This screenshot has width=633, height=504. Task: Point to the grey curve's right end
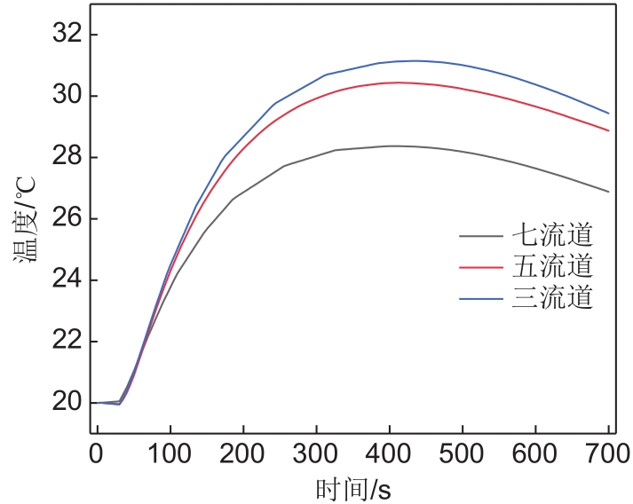608,192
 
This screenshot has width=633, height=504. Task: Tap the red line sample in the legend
481,266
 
